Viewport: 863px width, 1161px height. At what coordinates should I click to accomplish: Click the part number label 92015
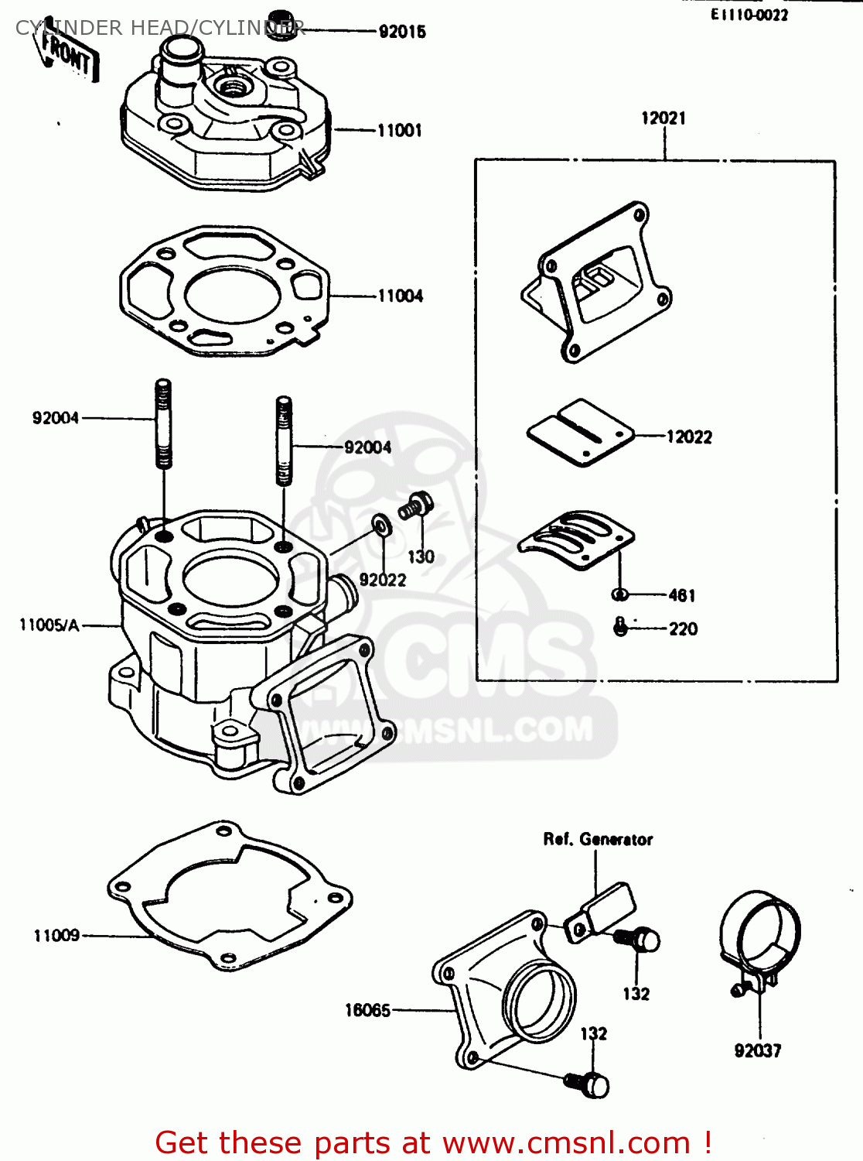click(x=401, y=32)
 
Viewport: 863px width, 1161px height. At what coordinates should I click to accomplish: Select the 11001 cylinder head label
click(x=399, y=130)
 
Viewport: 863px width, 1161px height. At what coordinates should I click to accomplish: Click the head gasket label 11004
click(x=400, y=296)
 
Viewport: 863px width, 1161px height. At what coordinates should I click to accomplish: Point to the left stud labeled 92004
click(x=163, y=423)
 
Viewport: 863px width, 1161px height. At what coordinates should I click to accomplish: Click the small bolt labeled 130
click(x=416, y=506)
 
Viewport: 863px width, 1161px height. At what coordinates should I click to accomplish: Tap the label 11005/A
click(x=49, y=625)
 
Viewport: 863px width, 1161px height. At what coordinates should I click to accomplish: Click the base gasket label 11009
click(x=56, y=935)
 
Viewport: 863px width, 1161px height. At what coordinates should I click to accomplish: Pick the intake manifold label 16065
click(x=367, y=1010)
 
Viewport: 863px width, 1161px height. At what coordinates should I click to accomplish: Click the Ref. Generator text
click(x=597, y=839)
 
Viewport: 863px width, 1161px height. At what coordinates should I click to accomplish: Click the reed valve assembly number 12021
click(x=663, y=118)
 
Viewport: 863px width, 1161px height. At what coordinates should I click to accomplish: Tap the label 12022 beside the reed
click(x=688, y=437)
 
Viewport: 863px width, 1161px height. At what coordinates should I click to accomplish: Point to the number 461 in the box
click(x=681, y=595)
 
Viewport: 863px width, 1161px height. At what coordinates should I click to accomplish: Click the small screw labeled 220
click(x=620, y=627)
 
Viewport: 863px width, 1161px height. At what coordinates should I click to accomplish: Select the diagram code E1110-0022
click(x=749, y=15)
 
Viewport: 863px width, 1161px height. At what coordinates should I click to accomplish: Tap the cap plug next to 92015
click(x=282, y=26)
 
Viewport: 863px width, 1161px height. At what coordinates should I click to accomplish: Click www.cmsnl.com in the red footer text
click(x=566, y=1142)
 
